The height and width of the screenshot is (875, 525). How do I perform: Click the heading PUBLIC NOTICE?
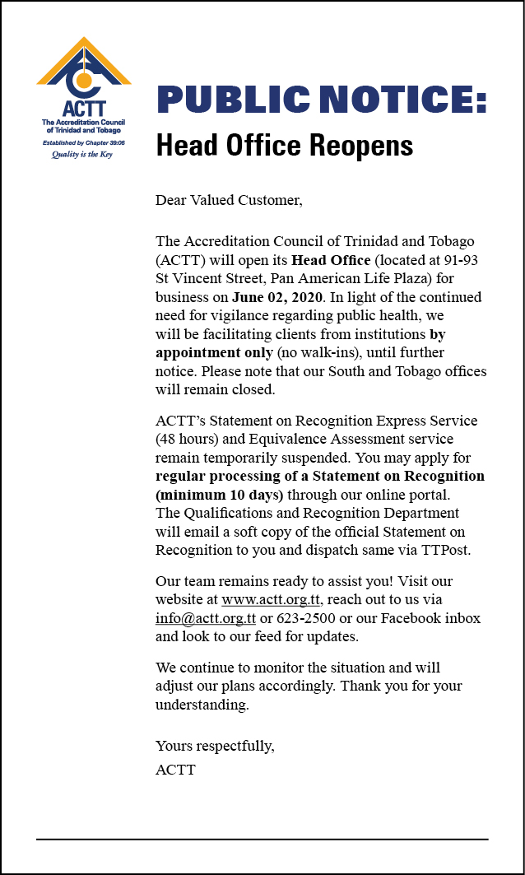[321, 100]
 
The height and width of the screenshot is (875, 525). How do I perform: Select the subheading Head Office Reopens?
[284, 146]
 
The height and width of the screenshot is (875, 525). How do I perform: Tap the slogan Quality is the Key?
[82, 154]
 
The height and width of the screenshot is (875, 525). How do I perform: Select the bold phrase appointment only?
[213, 352]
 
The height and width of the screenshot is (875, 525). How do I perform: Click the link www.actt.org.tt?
[271, 599]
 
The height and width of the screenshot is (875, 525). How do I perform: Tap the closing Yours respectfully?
[215, 747]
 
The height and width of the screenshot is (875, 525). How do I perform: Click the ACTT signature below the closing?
[175, 770]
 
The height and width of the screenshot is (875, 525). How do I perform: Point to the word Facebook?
[413, 618]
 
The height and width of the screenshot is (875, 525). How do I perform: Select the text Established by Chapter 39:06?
[82, 142]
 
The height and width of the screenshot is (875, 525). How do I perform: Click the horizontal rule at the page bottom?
[262, 839]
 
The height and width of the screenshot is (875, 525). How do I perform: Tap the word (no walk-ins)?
[314, 352]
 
